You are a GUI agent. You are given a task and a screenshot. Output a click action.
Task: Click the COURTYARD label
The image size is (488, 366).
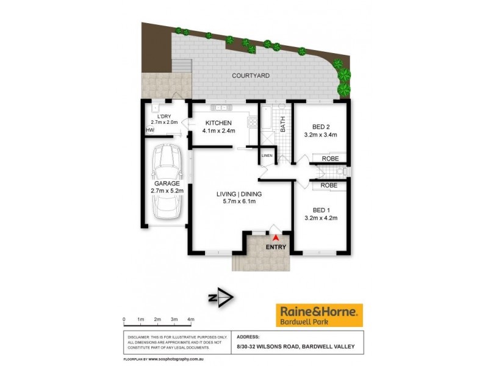[x=251, y=76]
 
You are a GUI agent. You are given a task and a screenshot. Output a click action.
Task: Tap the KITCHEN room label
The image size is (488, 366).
[x=218, y=123]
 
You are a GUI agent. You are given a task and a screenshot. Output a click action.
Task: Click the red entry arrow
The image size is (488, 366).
[x=276, y=237]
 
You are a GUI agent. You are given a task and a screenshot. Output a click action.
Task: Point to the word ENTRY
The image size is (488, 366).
[x=276, y=247]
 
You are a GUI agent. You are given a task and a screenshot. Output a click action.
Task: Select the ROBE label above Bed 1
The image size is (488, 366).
[x=329, y=185]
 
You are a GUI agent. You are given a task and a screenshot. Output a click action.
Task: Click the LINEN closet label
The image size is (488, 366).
[x=267, y=156]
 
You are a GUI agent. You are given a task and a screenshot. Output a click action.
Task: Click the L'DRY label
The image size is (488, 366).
[x=163, y=117]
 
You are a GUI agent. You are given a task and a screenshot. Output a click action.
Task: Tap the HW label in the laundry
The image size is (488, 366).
[x=150, y=130]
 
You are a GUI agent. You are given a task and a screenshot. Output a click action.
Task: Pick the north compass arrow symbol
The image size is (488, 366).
[x=221, y=298]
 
